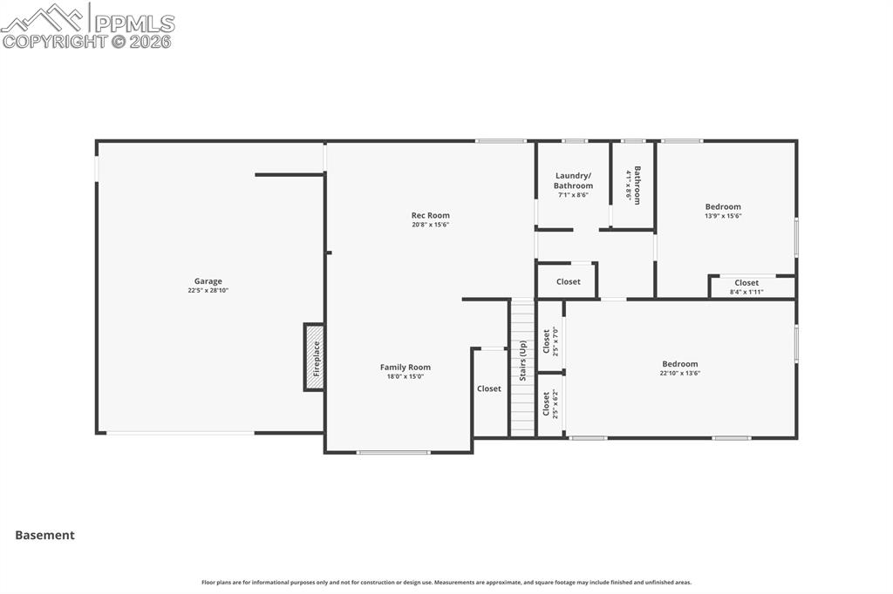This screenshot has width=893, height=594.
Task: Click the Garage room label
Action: pyautogui.click(x=208, y=281)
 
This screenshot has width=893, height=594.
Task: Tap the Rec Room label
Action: pyautogui.click(x=430, y=215)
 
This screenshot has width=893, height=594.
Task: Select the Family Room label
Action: pyautogui.click(x=405, y=367)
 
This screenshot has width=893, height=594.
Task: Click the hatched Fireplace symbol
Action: pyautogui.click(x=314, y=357)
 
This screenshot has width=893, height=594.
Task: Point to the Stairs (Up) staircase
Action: pyautogui.click(x=522, y=366)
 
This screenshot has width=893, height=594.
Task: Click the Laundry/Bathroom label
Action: pyautogui.click(x=573, y=180)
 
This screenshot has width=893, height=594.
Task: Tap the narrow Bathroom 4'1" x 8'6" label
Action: pyautogui.click(x=633, y=185)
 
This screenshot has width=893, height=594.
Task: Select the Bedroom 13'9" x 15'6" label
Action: pyautogui.click(x=723, y=206)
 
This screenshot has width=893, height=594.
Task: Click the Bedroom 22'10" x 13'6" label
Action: pyautogui.click(x=679, y=364)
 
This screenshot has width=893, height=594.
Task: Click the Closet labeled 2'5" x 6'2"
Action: pyautogui.click(x=549, y=404)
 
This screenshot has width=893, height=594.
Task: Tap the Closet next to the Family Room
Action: pyautogui.click(x=488, y=388)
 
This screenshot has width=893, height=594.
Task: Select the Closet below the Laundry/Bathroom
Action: pyautogui.click(x=568, y=281)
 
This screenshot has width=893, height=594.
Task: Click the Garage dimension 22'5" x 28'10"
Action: pyautogui.click(x=208, y=291)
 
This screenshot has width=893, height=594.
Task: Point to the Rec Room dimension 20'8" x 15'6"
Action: pyautogui.click(x=430, y=225)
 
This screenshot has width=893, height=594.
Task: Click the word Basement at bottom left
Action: pyautogui.click(x=44, y=535)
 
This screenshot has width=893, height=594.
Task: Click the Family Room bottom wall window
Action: pyautogui.click(x=393, y=452)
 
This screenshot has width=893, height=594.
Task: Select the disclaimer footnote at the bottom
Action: pyautogui.click(x=446, y=582)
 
